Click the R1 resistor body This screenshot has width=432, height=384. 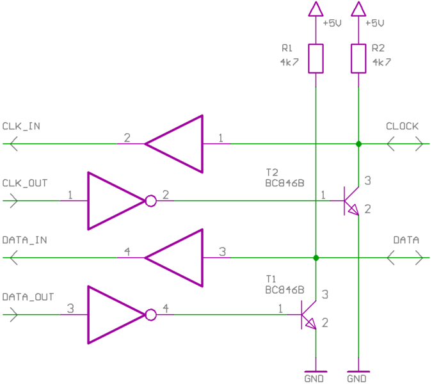pyautogui.click(x=316, y=58)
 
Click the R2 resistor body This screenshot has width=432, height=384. pyautogui.click(x=358, y=58)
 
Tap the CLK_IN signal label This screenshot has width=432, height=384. pyautogui.click(x=21, y=126)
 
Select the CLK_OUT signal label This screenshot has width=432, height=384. pyautogui.click(x=25, y=183)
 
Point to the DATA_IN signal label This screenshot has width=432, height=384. pyautogui.click(x=24, y=240)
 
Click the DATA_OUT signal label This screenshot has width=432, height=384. pyautogui.click(x=28, y=297)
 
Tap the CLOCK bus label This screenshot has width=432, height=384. pyautogui.click(x=402, y=126)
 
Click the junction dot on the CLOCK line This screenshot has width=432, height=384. pyautogui.click(x=358, y=144)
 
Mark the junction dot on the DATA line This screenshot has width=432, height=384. pyautogui.click(x=316, y=258)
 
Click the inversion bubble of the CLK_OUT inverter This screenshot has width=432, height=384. pyautogui.click(x=150, y=201)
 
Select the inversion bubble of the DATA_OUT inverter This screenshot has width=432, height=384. pyautogui.click(x=150, y=315)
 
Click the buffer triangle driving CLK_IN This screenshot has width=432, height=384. pyautogui.click(x=174, y=144)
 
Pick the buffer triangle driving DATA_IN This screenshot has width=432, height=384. pyautogui.click(x=174, y=258)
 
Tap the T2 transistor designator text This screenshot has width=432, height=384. pyautogui.click(x=272, y=173)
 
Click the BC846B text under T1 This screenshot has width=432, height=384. pyautogui.click(x=285, y=290)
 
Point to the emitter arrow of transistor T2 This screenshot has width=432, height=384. pyautogui.click(x=353, y=210)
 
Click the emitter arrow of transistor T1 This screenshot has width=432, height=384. pyautogui.click(x=311, y=324)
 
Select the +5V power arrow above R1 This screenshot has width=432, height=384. pyautogui.click(x=316, y=9)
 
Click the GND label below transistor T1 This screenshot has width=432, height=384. pyautogui.click(x=314, y=378)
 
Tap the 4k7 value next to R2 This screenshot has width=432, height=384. pyautogui.click(x=381, y=62)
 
